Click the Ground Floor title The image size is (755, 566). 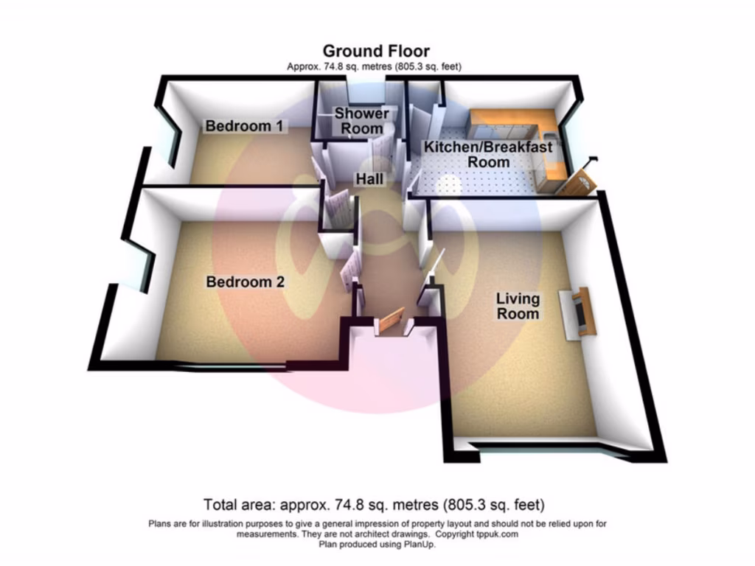376,51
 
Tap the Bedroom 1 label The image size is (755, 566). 243,126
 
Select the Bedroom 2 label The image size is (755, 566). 245,282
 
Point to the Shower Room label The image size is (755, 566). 361,121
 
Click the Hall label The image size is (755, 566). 368,179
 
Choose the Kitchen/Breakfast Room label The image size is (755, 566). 487,154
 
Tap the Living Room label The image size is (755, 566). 517,307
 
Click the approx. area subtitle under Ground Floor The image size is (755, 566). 374,67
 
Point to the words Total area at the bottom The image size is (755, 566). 240,506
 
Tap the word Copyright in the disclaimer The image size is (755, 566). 455,534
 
